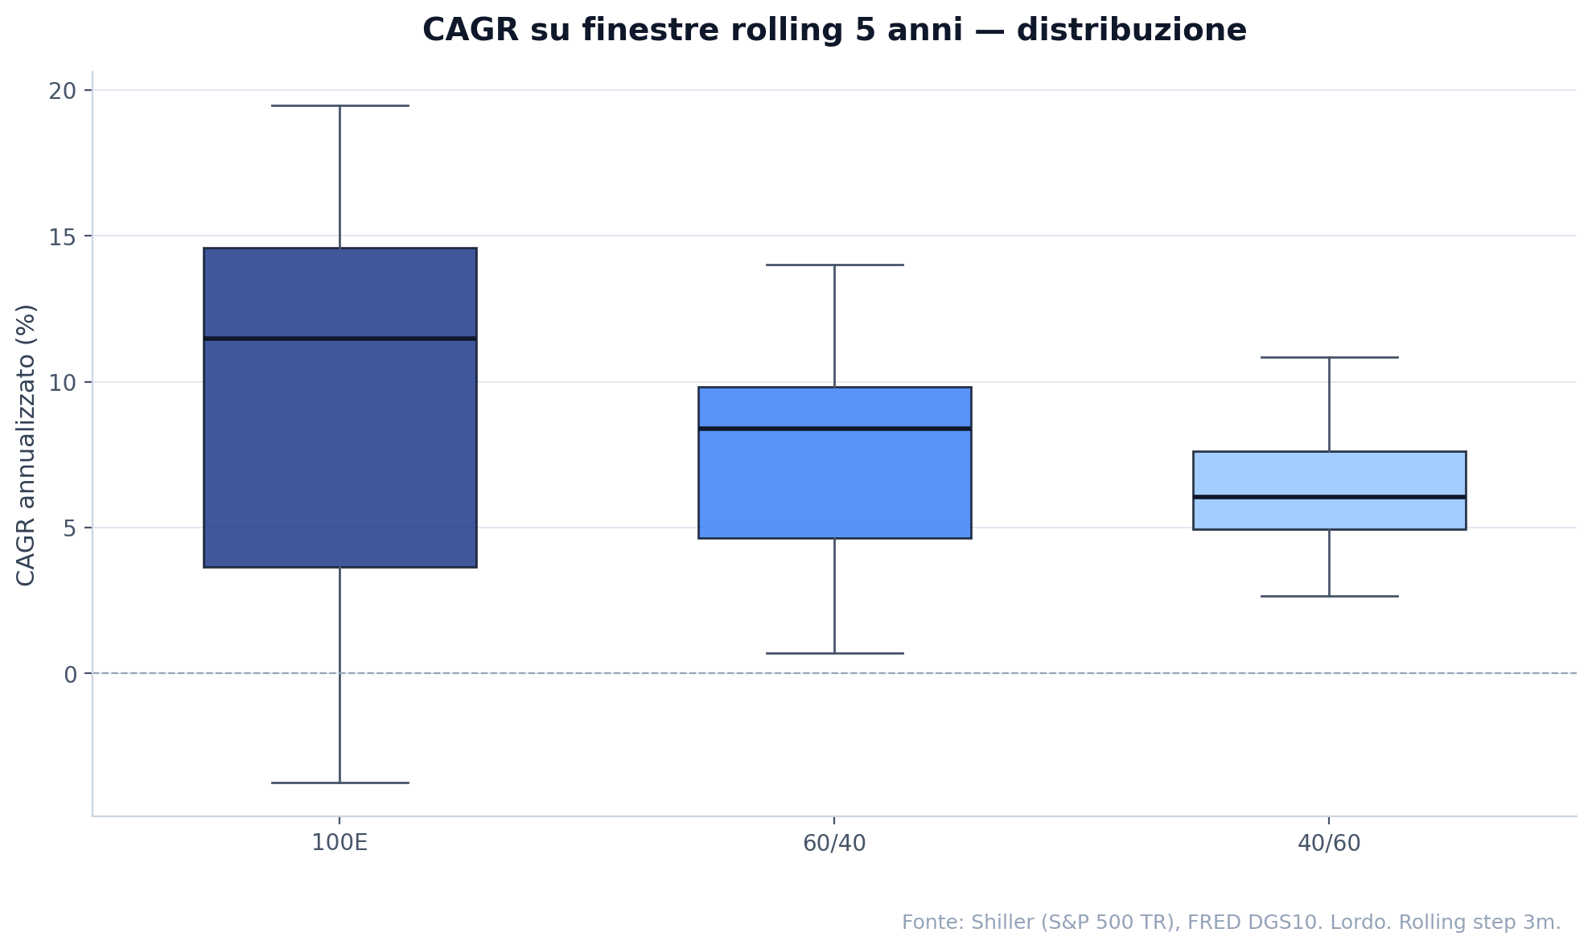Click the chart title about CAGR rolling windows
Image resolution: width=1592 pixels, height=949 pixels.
[834, 31]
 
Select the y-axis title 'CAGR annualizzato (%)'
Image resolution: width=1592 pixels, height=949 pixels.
[26, 445]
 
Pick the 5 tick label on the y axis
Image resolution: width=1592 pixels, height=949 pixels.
[70, 528]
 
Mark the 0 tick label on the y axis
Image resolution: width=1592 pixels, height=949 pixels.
[70, 674]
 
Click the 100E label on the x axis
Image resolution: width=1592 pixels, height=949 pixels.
[339, 844]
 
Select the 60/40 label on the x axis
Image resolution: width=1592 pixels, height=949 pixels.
[834, 844]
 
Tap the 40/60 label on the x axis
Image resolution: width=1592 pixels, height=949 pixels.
[1329, 844]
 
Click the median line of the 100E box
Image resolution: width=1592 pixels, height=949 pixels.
[339, 339]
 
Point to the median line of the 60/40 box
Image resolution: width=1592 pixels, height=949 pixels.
[834, 429]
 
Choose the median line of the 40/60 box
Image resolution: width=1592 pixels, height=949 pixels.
[1329, 497]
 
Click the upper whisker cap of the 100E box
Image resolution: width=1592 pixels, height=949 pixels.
[339, 105]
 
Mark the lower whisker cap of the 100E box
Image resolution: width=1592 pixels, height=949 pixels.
[339, 783]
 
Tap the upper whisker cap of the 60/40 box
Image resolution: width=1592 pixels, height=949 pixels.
[834, 265]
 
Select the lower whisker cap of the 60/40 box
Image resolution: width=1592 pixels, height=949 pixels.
[834, 653]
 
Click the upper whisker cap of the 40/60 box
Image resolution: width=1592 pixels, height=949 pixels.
[1329, 357]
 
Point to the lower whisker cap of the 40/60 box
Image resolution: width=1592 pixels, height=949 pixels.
[1329, 596]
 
